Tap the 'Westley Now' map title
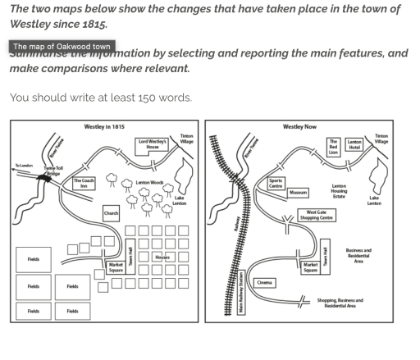pos(299,127)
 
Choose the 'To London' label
pos(25,166)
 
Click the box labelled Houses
pos(162,257)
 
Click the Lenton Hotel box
pos(355,145)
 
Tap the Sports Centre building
pos(276,182)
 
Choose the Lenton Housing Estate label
pos(338,192)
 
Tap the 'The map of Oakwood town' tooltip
pos(62,47)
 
